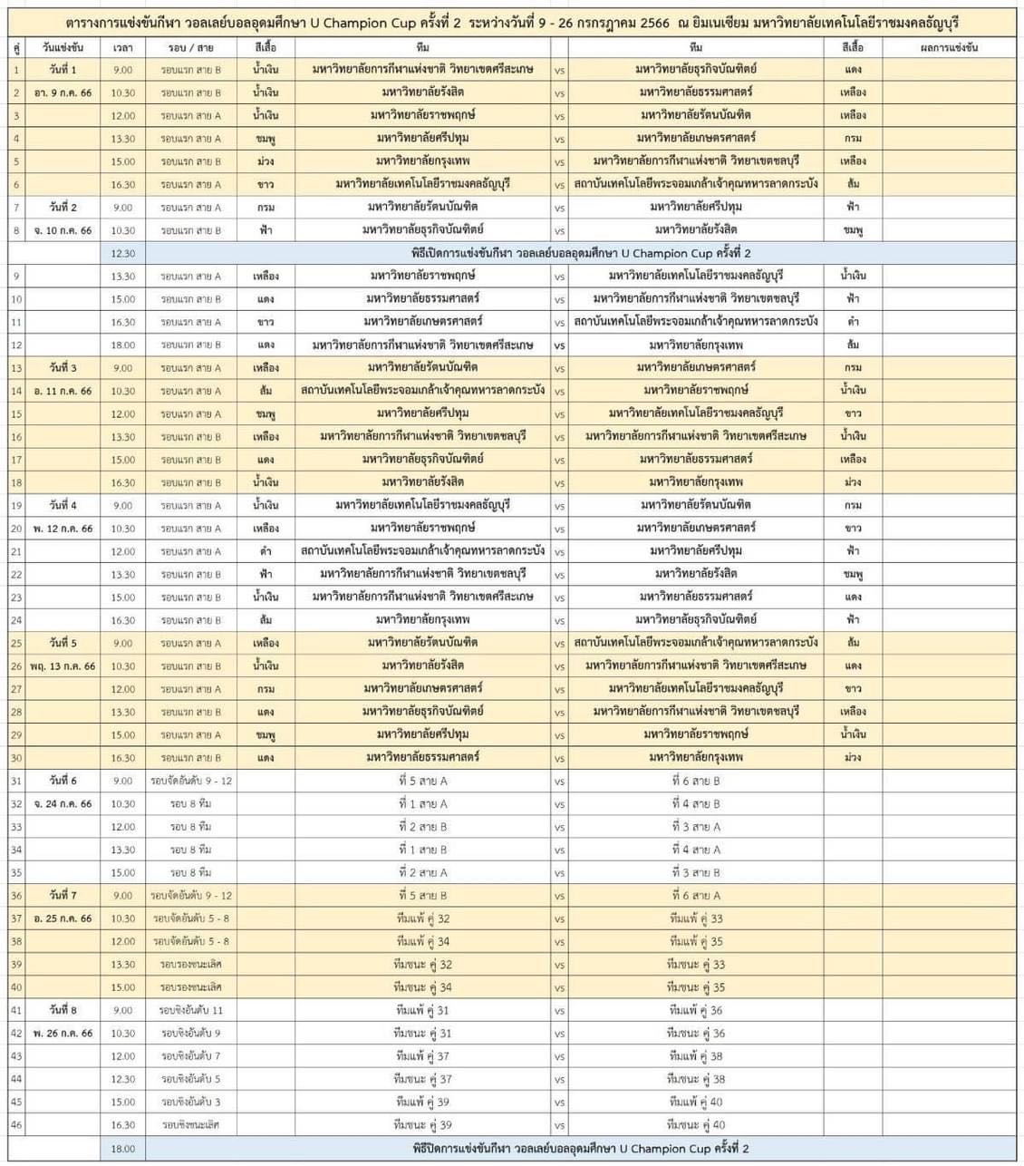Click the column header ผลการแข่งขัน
948,46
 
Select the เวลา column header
123,46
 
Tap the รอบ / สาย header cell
191,46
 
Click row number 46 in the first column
16,1124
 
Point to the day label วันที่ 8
63,1010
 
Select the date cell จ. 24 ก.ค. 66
63,803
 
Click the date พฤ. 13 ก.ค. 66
63,666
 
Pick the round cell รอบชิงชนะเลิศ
191,1124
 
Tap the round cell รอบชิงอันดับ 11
191,1010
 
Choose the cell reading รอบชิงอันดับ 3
191,1102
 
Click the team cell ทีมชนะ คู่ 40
696,1124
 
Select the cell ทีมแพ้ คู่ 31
422,1010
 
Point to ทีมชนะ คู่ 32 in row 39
422,965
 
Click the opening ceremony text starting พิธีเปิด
581,253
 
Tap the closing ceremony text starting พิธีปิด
581,1148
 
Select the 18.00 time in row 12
123,345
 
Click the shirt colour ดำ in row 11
852,322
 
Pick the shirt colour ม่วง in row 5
266,161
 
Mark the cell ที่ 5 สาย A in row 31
422,781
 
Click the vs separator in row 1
559,70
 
